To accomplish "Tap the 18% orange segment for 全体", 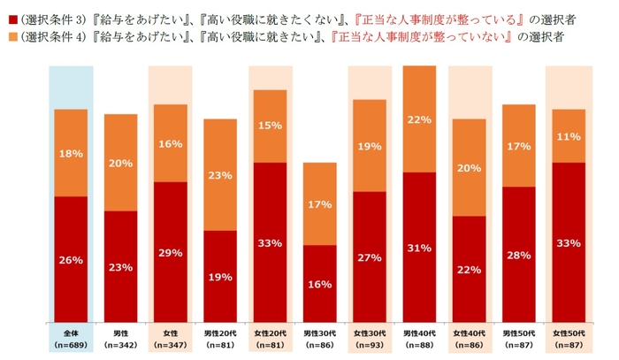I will (x=71, y=153).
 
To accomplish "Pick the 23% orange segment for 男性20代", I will (x=220, y=174).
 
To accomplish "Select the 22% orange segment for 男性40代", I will (x=419, y=119).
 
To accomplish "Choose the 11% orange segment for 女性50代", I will (x=569, y=135).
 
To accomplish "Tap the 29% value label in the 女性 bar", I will (x=171, y=253).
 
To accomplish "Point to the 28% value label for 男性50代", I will (x=519, y=256).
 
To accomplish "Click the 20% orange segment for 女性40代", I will (x=469, y=167).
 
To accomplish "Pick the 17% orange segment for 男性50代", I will (x=519, y=145).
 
